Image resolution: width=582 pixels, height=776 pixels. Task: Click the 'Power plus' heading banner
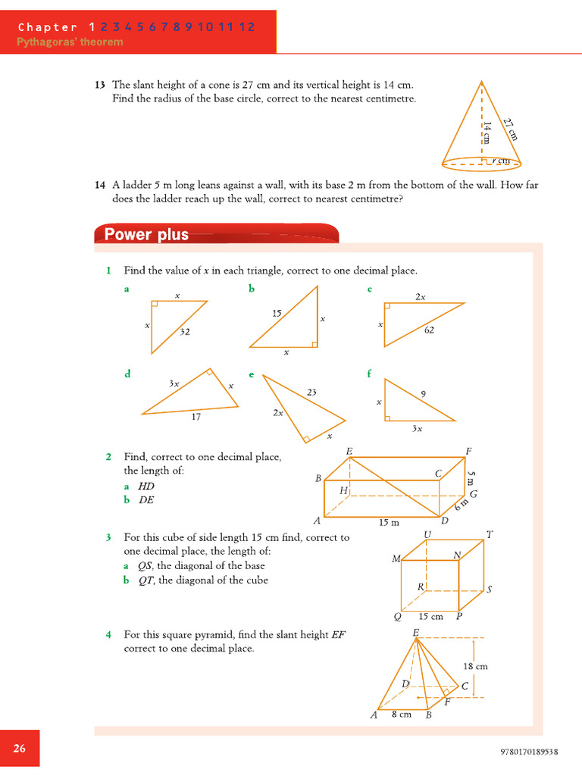[x=146, y=234]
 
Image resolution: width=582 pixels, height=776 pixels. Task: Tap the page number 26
[x=20, y=748]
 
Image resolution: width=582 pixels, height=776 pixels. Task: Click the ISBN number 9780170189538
[x=530, y=752]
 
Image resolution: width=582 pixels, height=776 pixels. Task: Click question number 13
[x=99, y=85]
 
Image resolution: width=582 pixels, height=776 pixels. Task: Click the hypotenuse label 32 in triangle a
[x=185, y=331]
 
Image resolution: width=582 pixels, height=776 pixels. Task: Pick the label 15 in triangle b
[x=277, y=313]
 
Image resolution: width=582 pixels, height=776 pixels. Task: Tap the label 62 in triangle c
[x=429, y=330]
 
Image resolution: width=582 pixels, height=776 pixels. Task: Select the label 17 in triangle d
[x=196, y=417]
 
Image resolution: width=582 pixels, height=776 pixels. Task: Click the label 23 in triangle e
[x=311, y=392]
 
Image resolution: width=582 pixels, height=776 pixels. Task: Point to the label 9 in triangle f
[x=422, y=393]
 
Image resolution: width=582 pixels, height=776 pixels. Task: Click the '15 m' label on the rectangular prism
[x=389, y=522]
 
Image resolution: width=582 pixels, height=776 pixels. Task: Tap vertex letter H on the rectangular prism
[x=343, y=491]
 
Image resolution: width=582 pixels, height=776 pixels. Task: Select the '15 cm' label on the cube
[x=430, y=616]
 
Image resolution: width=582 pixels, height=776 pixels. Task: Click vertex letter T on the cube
[x=490, y=534]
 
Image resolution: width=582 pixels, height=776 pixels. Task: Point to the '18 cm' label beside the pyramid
[x=475, y=666]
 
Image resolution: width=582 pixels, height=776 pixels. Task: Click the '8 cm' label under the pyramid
[x=401, y=715]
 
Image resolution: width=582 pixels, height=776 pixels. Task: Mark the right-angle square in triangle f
[x=388, y=417]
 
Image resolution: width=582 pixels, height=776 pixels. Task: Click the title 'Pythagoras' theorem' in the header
[x=70, y=42]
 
